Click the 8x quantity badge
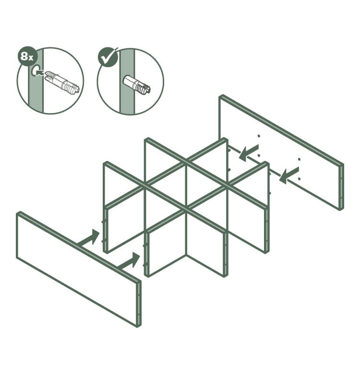pyautogui.click(x=27, y=57)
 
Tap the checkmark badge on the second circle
pyautogui.click(x=108, y=58)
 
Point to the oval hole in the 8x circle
pyautogui.click(x=35, y=70)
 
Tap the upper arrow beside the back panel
pyautogui.click(x=249, y=152)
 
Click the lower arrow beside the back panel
pyautogui.click(x=289, y=175)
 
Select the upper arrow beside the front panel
pyautogui.click(x=89, y=238)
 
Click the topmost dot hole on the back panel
pyautogui.click(x=259, y=136)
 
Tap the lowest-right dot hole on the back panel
pyautogui.click(x=300, y=178)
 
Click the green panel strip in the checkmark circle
pyautogui.click(x=127, y=81)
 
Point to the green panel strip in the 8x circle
pyautogui.click(x=36, y=81)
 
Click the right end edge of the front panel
pyautogui.click(x=139, y=304)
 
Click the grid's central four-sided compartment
pyautogui.click(x=186, y=187)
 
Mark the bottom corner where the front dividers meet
pyautogui.click(x=186, y=255)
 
